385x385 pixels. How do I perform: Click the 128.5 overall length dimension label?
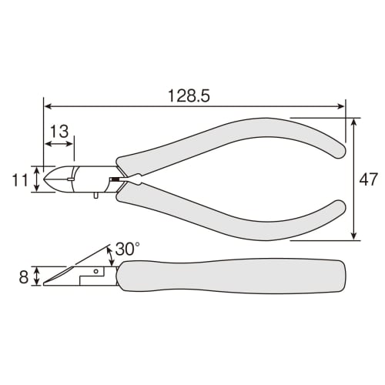pos(189,95)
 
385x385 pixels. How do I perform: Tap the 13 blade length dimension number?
pos(59,132)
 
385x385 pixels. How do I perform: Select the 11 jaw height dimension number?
pos(20,180)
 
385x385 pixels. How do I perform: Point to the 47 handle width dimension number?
pos(368,179)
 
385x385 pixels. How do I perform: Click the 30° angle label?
pos(128,249)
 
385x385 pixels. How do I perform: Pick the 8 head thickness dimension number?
pos(24,277)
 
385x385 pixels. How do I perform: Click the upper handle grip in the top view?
pos(231,144)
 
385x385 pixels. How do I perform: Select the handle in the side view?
pos(233,276)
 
